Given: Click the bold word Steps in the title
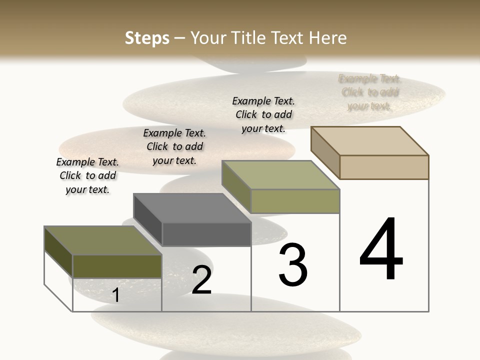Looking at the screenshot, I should click(147, 38).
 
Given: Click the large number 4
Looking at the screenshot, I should click(381, 250).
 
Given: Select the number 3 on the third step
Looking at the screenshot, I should click(293, 265).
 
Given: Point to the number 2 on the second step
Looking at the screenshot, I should click(201, 280).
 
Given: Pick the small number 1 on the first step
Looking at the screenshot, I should click(115, 295).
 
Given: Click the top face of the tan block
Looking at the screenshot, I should click(370, 140).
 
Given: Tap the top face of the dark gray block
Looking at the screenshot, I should click(192, 207).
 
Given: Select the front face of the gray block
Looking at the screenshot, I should click(206, 234).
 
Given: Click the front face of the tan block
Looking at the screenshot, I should click(384, 167).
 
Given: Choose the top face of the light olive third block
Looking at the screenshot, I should click(281, 174).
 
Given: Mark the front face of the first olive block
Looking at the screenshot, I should click(117, 266).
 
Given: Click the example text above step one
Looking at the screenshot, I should click(87, 175).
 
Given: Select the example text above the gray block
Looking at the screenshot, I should click(174, 146).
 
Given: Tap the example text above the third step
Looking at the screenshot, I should click(263, 114).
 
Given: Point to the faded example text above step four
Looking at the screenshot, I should click(369, 92).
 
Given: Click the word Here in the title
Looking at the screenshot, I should click(327, 38).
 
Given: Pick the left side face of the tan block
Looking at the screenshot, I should click(325, 152).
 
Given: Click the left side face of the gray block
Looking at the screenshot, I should click(147, 219).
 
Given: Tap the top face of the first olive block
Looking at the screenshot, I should click(102, 240).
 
